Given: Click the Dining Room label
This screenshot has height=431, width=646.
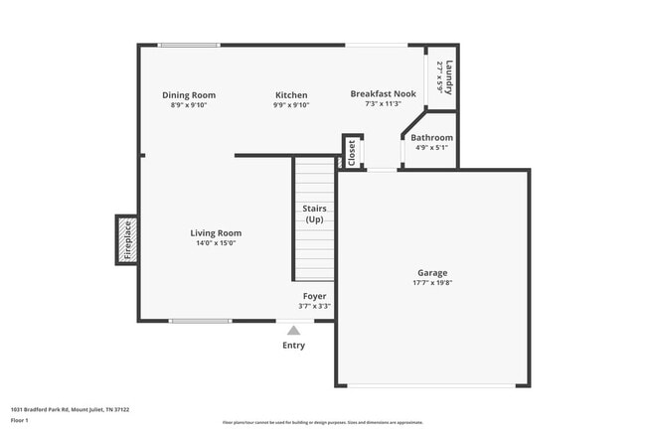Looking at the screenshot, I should tap(189, 95).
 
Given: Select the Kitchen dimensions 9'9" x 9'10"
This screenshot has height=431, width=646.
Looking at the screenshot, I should tap(291, 105).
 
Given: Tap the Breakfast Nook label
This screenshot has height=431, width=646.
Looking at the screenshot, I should tap(383, 93).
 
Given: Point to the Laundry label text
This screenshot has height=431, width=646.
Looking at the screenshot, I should tap(449, 77).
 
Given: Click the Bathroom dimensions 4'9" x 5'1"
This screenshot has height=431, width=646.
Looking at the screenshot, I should tap(431, 148).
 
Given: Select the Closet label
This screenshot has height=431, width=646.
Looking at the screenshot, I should tap(352, 151).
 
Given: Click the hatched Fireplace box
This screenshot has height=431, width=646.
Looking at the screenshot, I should tap(126, 240).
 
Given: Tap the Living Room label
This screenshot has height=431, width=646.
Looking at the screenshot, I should tap(216, 233).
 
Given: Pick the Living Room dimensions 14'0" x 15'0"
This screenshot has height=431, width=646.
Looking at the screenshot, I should tap(216, 243).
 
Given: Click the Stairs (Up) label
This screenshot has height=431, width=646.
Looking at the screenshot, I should tap(314, 214).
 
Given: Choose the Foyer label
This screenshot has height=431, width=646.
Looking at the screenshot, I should tap(314, 296).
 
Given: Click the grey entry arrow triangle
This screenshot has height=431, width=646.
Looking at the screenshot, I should tap(293, 331).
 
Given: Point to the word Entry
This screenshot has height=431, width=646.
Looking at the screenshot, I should tap(293, 346).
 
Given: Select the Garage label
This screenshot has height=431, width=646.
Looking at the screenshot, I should tap(431, 272).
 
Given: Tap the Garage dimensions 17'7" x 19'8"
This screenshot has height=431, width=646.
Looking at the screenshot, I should tap(431, 282).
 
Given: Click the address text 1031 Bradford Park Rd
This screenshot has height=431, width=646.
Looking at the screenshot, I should tap(70, 408).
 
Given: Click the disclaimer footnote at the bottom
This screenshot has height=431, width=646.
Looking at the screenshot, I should tap(322, 422).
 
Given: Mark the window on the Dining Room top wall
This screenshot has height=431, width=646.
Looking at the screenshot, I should tap(189, 44).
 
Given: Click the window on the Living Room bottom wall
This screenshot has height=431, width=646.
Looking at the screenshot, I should tap(200, 321).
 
